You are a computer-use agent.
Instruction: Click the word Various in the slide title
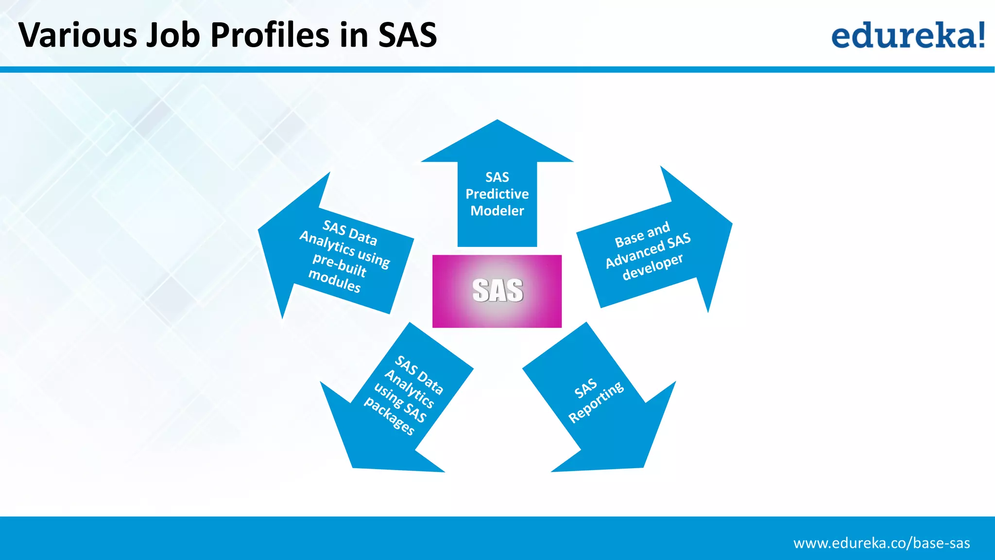tap(78, 35)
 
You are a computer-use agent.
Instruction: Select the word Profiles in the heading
tap(270, 35)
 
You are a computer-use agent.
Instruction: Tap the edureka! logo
tap(908, 35)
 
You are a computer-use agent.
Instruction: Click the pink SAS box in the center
tap(497, 291)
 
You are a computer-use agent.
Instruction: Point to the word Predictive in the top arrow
tap(497, 194)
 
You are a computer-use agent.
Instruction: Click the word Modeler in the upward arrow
tap(497, 211)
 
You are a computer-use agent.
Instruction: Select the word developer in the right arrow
tap(652, 267)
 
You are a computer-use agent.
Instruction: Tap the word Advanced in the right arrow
tap(635, 255)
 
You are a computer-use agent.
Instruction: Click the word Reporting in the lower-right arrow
tap(596, 402)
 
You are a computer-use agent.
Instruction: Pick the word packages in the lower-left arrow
tap(389, 417)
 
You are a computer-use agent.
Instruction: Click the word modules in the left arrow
tap(334, 281)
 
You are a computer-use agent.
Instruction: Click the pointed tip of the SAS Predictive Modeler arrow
tap(497, 122)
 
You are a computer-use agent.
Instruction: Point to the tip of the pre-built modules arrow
tap(260, 230)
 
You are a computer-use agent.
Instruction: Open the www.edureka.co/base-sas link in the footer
tap(881, 543)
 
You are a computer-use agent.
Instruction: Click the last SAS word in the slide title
tap(408, 35)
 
